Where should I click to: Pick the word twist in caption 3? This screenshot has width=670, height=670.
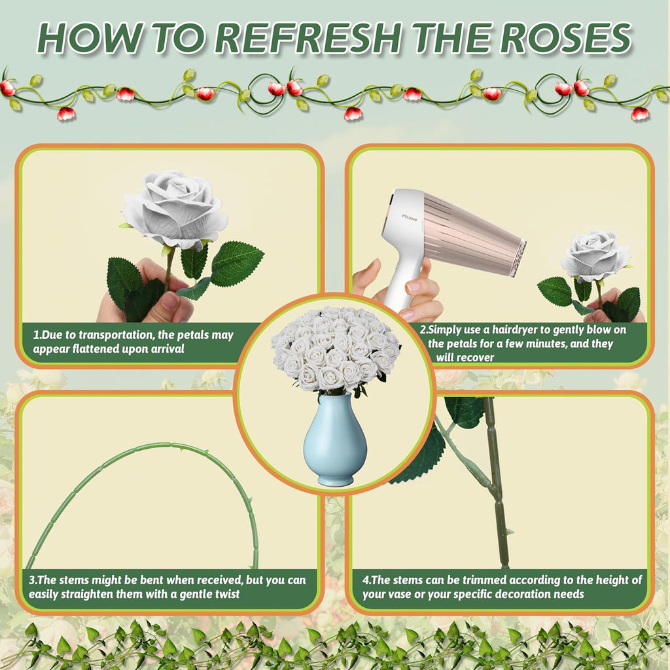tap(224, 594)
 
